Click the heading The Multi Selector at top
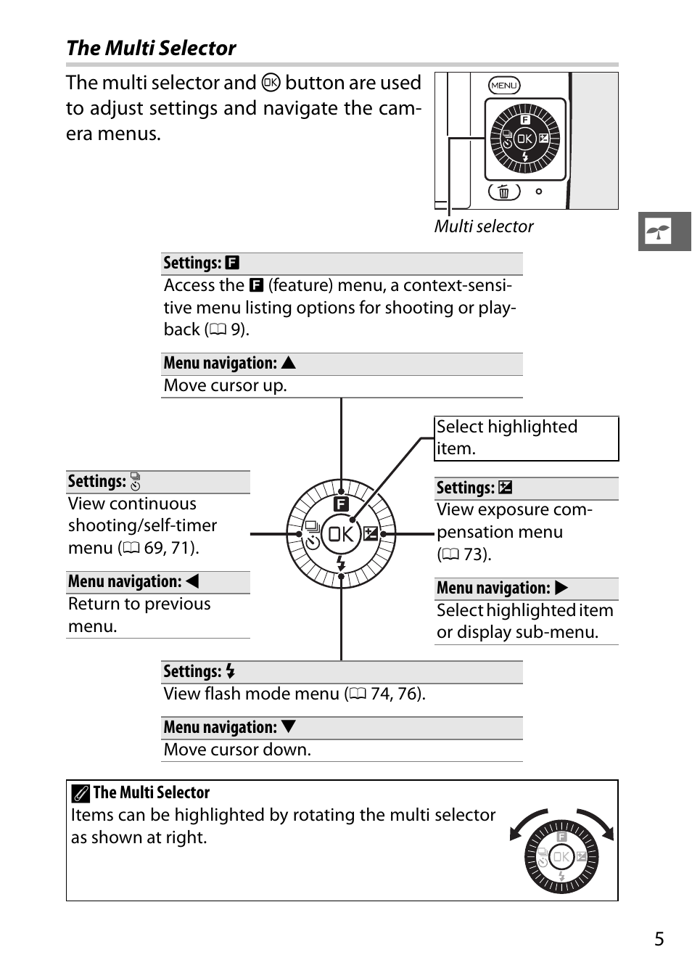[x=151, y=48]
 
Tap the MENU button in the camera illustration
[x=503, y=85]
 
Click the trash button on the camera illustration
[x=503, y=192]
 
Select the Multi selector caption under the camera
[x=484, y=226]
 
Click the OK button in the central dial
[x=340, y=534]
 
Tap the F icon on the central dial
[x=341, y=504]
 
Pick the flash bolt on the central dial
[x=341, y=563]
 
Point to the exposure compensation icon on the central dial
[x=371, y=534]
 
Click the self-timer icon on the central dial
[x=313, y=542]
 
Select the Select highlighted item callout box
[x=526, y=438]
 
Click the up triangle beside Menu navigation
[x=289, y=363]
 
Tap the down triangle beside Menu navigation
[x=289, y=726]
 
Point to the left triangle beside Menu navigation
[x=192, y=581]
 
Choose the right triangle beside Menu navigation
[x=561, y=588]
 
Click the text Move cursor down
[x=237, y=750]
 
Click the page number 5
[x=659, y=939]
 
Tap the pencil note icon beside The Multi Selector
[x=81, y=793]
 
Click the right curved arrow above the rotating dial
[x=597, y=822]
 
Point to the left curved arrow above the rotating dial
[x=527, y=822]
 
